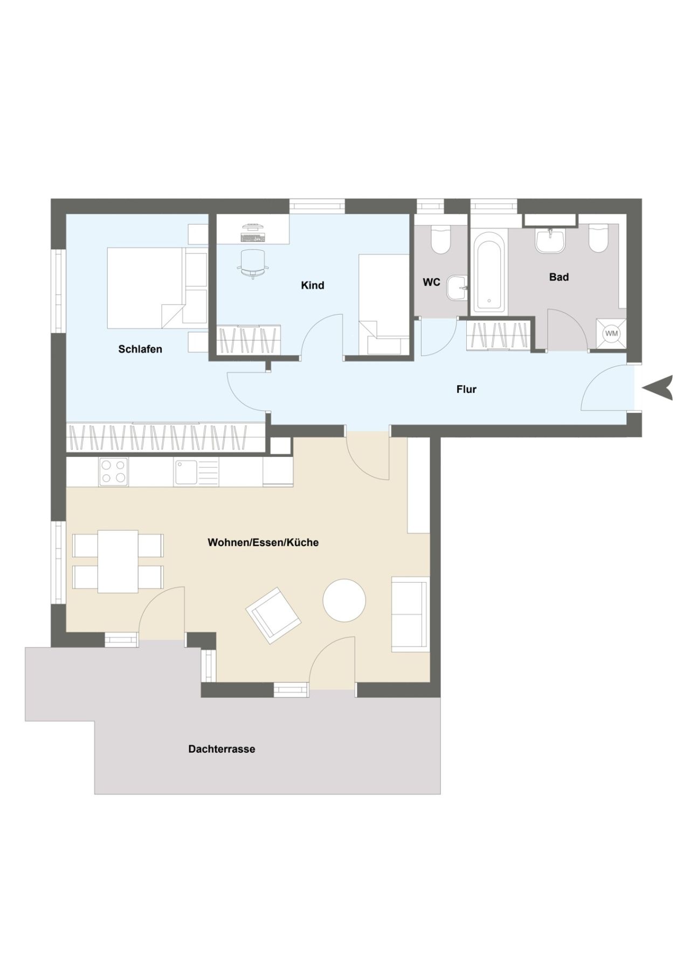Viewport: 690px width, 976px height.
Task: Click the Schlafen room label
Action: click(x=140, y=349)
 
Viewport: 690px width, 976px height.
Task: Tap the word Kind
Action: click(x=313, y=285)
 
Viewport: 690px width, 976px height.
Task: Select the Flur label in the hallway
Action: click(x=466, y=389)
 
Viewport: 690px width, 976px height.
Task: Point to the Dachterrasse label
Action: click(x=222, y=749)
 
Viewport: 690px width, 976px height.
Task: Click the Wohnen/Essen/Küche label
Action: click(x=263, y=542)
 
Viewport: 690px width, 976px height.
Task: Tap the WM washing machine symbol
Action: click(x=611, y=334)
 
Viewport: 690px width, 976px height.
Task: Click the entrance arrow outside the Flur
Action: click(x=659, y=387)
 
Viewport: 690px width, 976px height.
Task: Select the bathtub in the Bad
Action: click(x=489, y=272)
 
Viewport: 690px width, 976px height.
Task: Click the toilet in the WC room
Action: click(x=441, y=239)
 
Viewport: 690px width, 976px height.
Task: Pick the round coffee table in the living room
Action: click(x=344, y=600)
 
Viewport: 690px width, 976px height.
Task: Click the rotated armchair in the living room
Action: click(x=273, y=615)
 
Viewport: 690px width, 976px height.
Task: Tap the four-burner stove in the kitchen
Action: click(x=113, y=472)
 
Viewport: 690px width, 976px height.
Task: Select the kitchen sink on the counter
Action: click(x=189, y=472)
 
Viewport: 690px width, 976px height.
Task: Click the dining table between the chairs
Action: click(x=118, y=561)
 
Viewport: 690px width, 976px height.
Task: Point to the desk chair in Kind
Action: click(x=253, y=262)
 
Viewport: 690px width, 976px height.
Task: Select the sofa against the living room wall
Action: click(x=410, y=614)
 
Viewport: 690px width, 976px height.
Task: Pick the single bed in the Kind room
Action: click(x=384, y=304)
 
